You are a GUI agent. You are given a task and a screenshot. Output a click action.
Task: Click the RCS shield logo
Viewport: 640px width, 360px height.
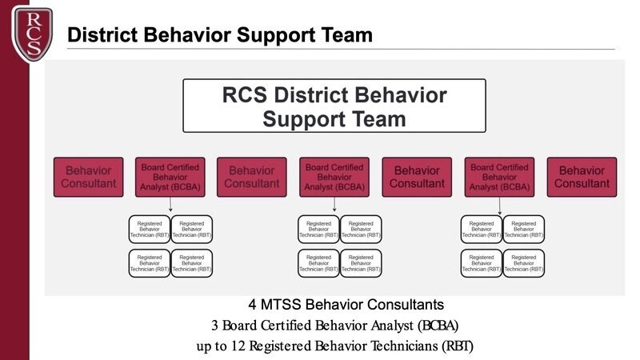click(32, 32)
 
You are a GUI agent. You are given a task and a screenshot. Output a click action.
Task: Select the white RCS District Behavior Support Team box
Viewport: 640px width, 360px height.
click(334, 106)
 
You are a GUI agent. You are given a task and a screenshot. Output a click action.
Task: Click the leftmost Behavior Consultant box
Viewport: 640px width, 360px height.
click(89, 177)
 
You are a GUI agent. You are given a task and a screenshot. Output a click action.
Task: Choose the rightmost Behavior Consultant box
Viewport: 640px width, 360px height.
click(582, 177)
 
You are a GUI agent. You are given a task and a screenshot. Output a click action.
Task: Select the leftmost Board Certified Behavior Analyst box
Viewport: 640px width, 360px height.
click(171, 177)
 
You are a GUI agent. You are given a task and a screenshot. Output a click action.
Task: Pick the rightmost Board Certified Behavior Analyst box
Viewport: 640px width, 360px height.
click(500, 177)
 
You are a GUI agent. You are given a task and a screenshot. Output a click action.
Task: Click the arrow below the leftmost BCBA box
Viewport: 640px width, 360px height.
click(171, 206)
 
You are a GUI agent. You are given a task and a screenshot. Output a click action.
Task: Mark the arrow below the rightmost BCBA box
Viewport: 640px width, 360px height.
click(500, 206)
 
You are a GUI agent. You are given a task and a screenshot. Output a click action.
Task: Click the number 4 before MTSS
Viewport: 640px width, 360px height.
click(253, 305)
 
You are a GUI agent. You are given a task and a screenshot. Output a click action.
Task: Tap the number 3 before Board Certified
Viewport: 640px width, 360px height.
click(215, 326)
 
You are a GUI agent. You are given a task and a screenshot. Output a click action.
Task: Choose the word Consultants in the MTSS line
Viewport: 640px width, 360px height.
click(405, 305)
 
